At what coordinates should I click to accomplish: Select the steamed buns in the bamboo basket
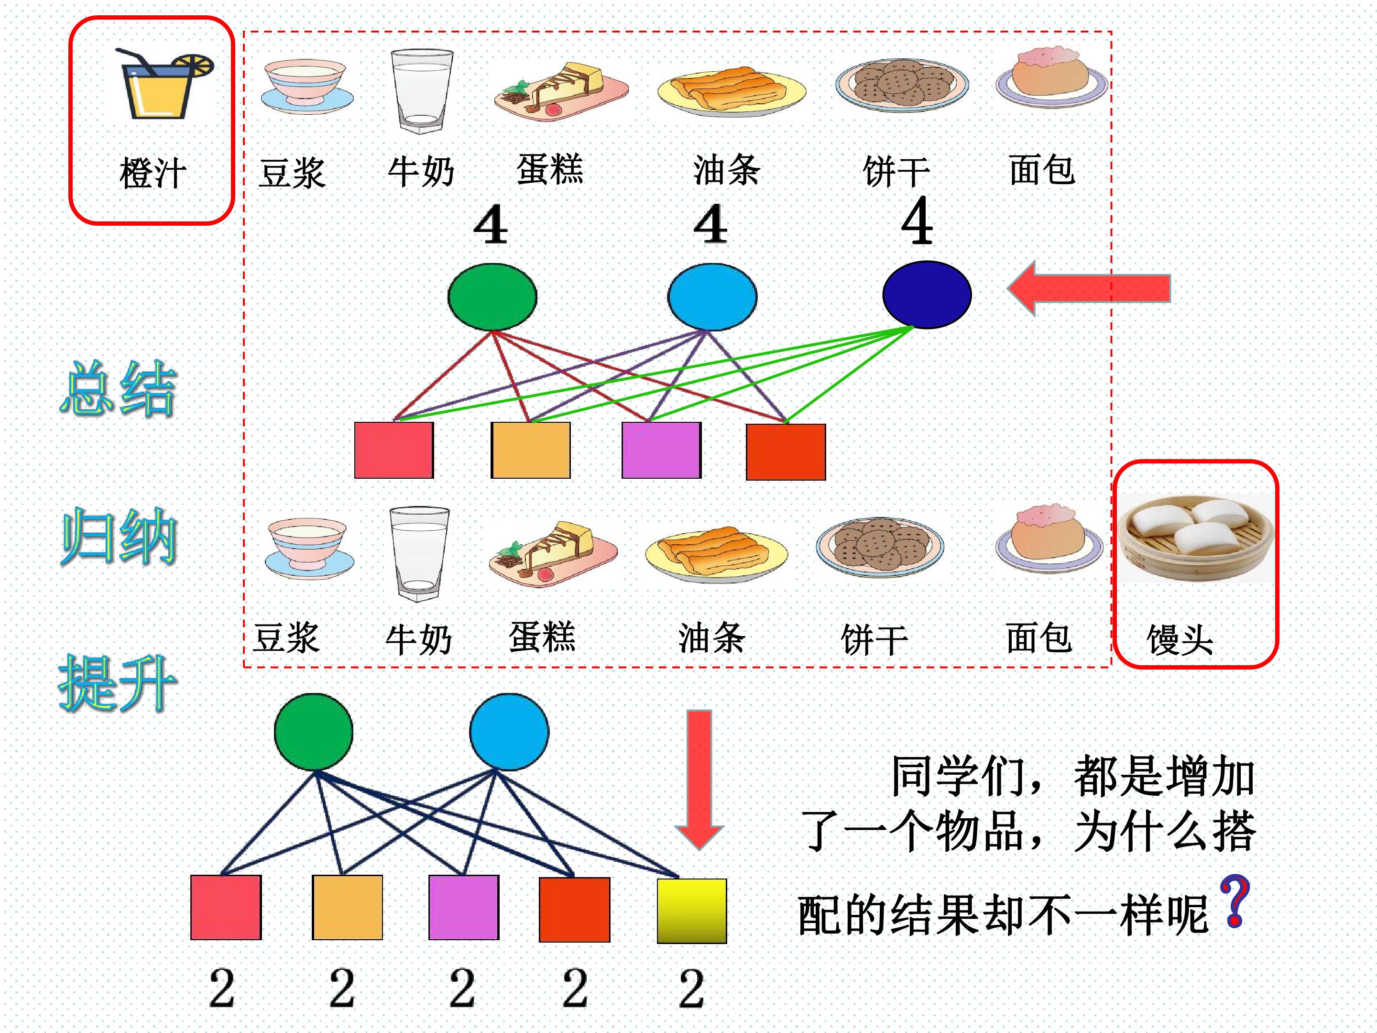(x=1196, y=538)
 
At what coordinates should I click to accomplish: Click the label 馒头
(x=1180, y=639)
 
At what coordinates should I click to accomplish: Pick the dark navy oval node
(x=927, y=294)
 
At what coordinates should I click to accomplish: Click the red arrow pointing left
(x=1089, y=288)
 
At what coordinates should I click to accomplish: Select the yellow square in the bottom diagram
(x=692, y=911)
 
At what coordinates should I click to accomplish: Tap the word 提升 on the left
(x=118, y=683)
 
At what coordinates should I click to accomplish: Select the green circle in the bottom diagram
(x=314, y=732)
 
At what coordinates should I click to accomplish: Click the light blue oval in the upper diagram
(x=712, y=297)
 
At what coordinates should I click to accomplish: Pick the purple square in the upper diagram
(x=662, y=450)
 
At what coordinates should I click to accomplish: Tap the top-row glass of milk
(x=421, y=91)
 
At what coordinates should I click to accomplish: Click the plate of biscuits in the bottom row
(x=880, y=547)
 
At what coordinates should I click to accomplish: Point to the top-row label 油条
(x=726, y=170)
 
